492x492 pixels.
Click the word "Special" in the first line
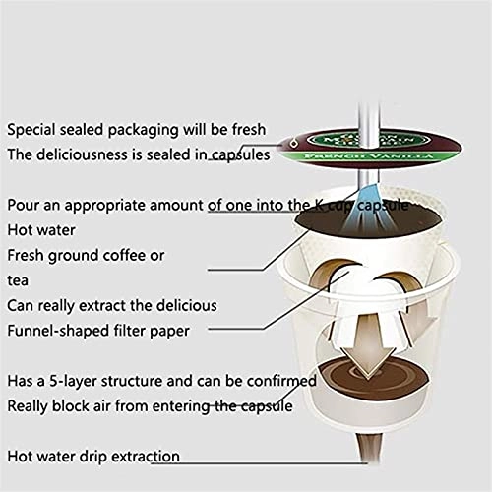[x=31, y=130]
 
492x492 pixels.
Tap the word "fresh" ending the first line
[x=249, y=129]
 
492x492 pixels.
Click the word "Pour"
[x=22, y=205]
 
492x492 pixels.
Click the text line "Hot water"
[x=41, y=230]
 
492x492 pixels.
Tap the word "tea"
[x=18, y=280]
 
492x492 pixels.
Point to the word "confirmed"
[x=281, y=381]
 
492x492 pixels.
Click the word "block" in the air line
[x=70, y=406]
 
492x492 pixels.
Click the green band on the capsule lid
[x=369, y=156]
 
